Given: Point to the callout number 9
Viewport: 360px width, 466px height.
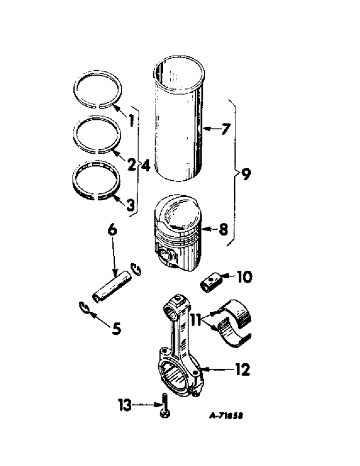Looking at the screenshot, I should pyautogui.click(x=246, y=174).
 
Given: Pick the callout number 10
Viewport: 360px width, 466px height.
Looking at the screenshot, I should pyautogui.click(x=244, y=277).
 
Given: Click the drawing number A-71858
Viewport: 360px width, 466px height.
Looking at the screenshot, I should pyautogui.click(x=226, y=414).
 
